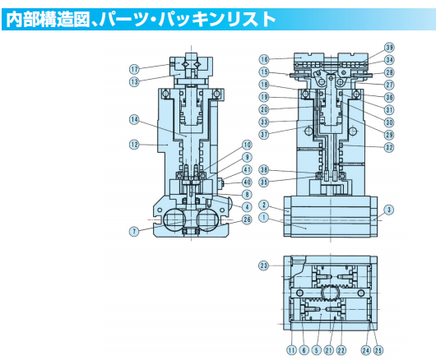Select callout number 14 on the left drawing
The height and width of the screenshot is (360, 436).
tap(134, 120)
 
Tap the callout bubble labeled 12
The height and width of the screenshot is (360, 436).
tap(134, 145)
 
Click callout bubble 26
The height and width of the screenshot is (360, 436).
tap(248, 219)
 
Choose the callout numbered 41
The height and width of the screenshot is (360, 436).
tap(248, 170)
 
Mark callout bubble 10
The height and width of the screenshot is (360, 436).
tap(248, 145)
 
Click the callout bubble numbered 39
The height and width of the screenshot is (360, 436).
tap(389, 48)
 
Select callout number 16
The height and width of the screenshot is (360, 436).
tap(264, 59)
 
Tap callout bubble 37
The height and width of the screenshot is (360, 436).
tap(264, 134)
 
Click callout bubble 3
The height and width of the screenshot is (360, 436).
tap(389, 209)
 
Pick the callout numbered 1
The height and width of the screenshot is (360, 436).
tap(264, 218)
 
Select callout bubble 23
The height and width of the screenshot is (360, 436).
tap(264, 265)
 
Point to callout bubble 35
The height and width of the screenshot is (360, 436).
tap(264, 182)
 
